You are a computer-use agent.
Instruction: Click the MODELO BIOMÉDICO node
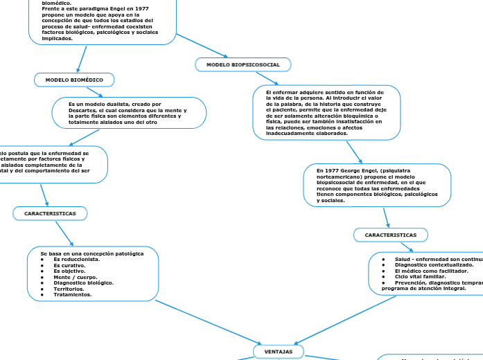click(74, 80)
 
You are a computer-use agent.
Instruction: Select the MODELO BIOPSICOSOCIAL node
click(243, 64)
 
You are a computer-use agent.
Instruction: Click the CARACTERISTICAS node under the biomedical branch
click(50, 213)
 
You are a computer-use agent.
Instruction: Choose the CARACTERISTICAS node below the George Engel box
click(390, 235)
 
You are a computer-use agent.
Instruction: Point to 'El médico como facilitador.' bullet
click(431, 271)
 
